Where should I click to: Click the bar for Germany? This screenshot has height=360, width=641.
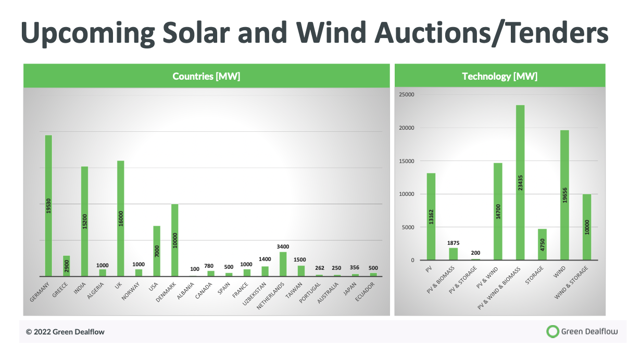(48, 206)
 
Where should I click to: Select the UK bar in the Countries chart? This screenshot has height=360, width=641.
(120, 218)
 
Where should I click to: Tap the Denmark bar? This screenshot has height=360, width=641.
(174, 240)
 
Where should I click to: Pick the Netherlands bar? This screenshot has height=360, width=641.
(283, 264)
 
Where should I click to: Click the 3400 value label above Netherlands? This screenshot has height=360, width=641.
(283, 246)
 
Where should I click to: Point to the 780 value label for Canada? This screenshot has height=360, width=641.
(209, 266)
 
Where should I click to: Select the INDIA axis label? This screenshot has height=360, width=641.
(80, 289)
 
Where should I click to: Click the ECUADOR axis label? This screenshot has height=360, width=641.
(365, 292)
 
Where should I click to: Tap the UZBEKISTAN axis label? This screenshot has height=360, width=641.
(255, 293)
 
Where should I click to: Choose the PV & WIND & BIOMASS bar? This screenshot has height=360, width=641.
(520, 183)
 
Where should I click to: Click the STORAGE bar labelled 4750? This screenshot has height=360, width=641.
(542, 244)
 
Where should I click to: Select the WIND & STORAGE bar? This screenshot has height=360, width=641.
(587, 227)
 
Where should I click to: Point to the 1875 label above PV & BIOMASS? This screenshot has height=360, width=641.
(453, 243)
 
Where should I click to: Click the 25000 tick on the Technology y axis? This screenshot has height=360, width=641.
(406, 94)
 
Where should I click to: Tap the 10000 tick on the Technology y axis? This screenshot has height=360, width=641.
(406, 194)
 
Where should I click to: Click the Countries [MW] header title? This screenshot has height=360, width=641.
(206, 76)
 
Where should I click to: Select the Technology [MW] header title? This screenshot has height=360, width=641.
(500, 76)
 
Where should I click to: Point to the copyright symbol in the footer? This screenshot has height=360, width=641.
(29, 332)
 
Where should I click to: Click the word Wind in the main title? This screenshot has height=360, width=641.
(331, 32)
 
